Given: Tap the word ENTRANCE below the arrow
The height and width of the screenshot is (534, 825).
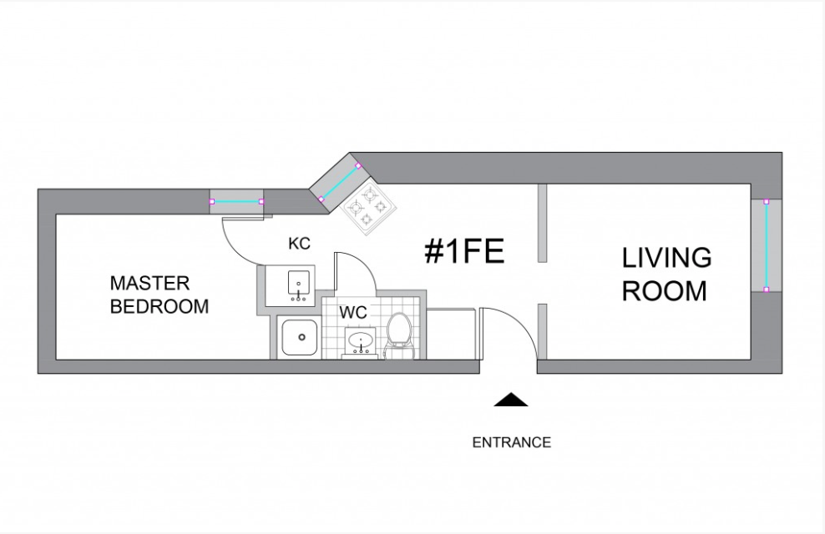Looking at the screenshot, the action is [511, 442].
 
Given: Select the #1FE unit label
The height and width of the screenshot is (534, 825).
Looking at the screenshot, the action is [464, 250].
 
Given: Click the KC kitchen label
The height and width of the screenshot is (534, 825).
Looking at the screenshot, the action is [299, 244].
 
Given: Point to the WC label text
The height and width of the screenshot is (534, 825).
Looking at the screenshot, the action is [354, 314].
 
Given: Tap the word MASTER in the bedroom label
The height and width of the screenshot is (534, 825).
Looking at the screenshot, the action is [149, 284].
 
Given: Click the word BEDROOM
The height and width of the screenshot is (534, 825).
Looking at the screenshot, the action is [159, 306].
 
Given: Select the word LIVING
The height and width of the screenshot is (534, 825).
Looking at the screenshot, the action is [666, 258].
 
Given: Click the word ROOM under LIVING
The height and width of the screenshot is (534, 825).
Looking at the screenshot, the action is [665, 291].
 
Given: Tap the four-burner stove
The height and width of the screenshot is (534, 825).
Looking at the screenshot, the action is [367, 205].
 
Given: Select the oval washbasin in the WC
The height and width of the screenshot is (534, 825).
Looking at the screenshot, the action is [362, 341].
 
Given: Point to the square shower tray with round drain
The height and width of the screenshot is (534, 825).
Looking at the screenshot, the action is [298, 338].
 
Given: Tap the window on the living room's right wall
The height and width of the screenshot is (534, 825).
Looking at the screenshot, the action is [767, 245].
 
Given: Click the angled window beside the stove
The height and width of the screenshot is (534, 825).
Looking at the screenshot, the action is [339, 183].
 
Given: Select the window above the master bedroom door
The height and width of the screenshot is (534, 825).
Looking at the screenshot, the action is [236, 201].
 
